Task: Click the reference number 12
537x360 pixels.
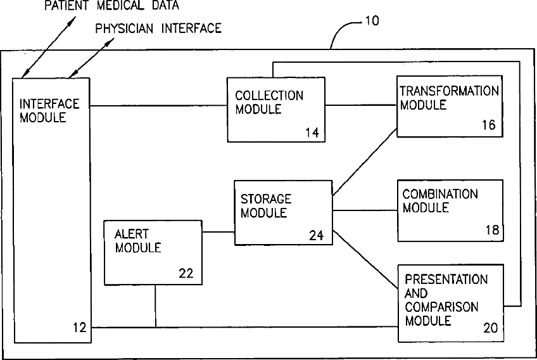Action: click(79, 328)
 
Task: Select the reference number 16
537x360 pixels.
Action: click(488, 125)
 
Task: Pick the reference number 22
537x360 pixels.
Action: click(187, 274)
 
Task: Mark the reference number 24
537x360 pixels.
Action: click(316, 235)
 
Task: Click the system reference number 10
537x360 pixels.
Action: click(372, 20)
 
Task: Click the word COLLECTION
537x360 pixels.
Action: click(269, 96)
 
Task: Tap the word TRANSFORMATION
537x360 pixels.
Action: click(449, 91)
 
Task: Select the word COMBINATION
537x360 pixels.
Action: click(440, 194)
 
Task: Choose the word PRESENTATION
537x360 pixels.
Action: click(446, 280)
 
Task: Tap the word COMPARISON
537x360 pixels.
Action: click(441, 307)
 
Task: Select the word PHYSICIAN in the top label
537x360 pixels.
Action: click(122, 29)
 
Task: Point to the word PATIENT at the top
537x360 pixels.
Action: click(66, 6)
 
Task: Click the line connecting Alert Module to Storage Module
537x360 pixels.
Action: click(218, 232)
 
